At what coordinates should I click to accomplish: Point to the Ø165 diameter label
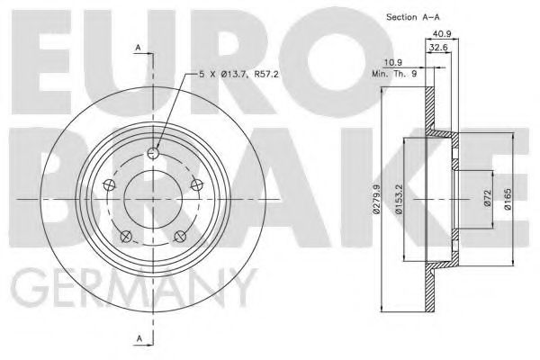[x=508, y=197]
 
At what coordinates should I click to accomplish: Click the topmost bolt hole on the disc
[x=153, y=153]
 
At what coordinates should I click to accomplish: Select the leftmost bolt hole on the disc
[x=109, y=185]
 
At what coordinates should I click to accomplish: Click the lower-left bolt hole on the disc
[x=126, y=236]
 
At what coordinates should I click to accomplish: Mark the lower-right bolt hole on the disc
[x=180, y=236]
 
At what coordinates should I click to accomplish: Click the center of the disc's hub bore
[x=153, y=199]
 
